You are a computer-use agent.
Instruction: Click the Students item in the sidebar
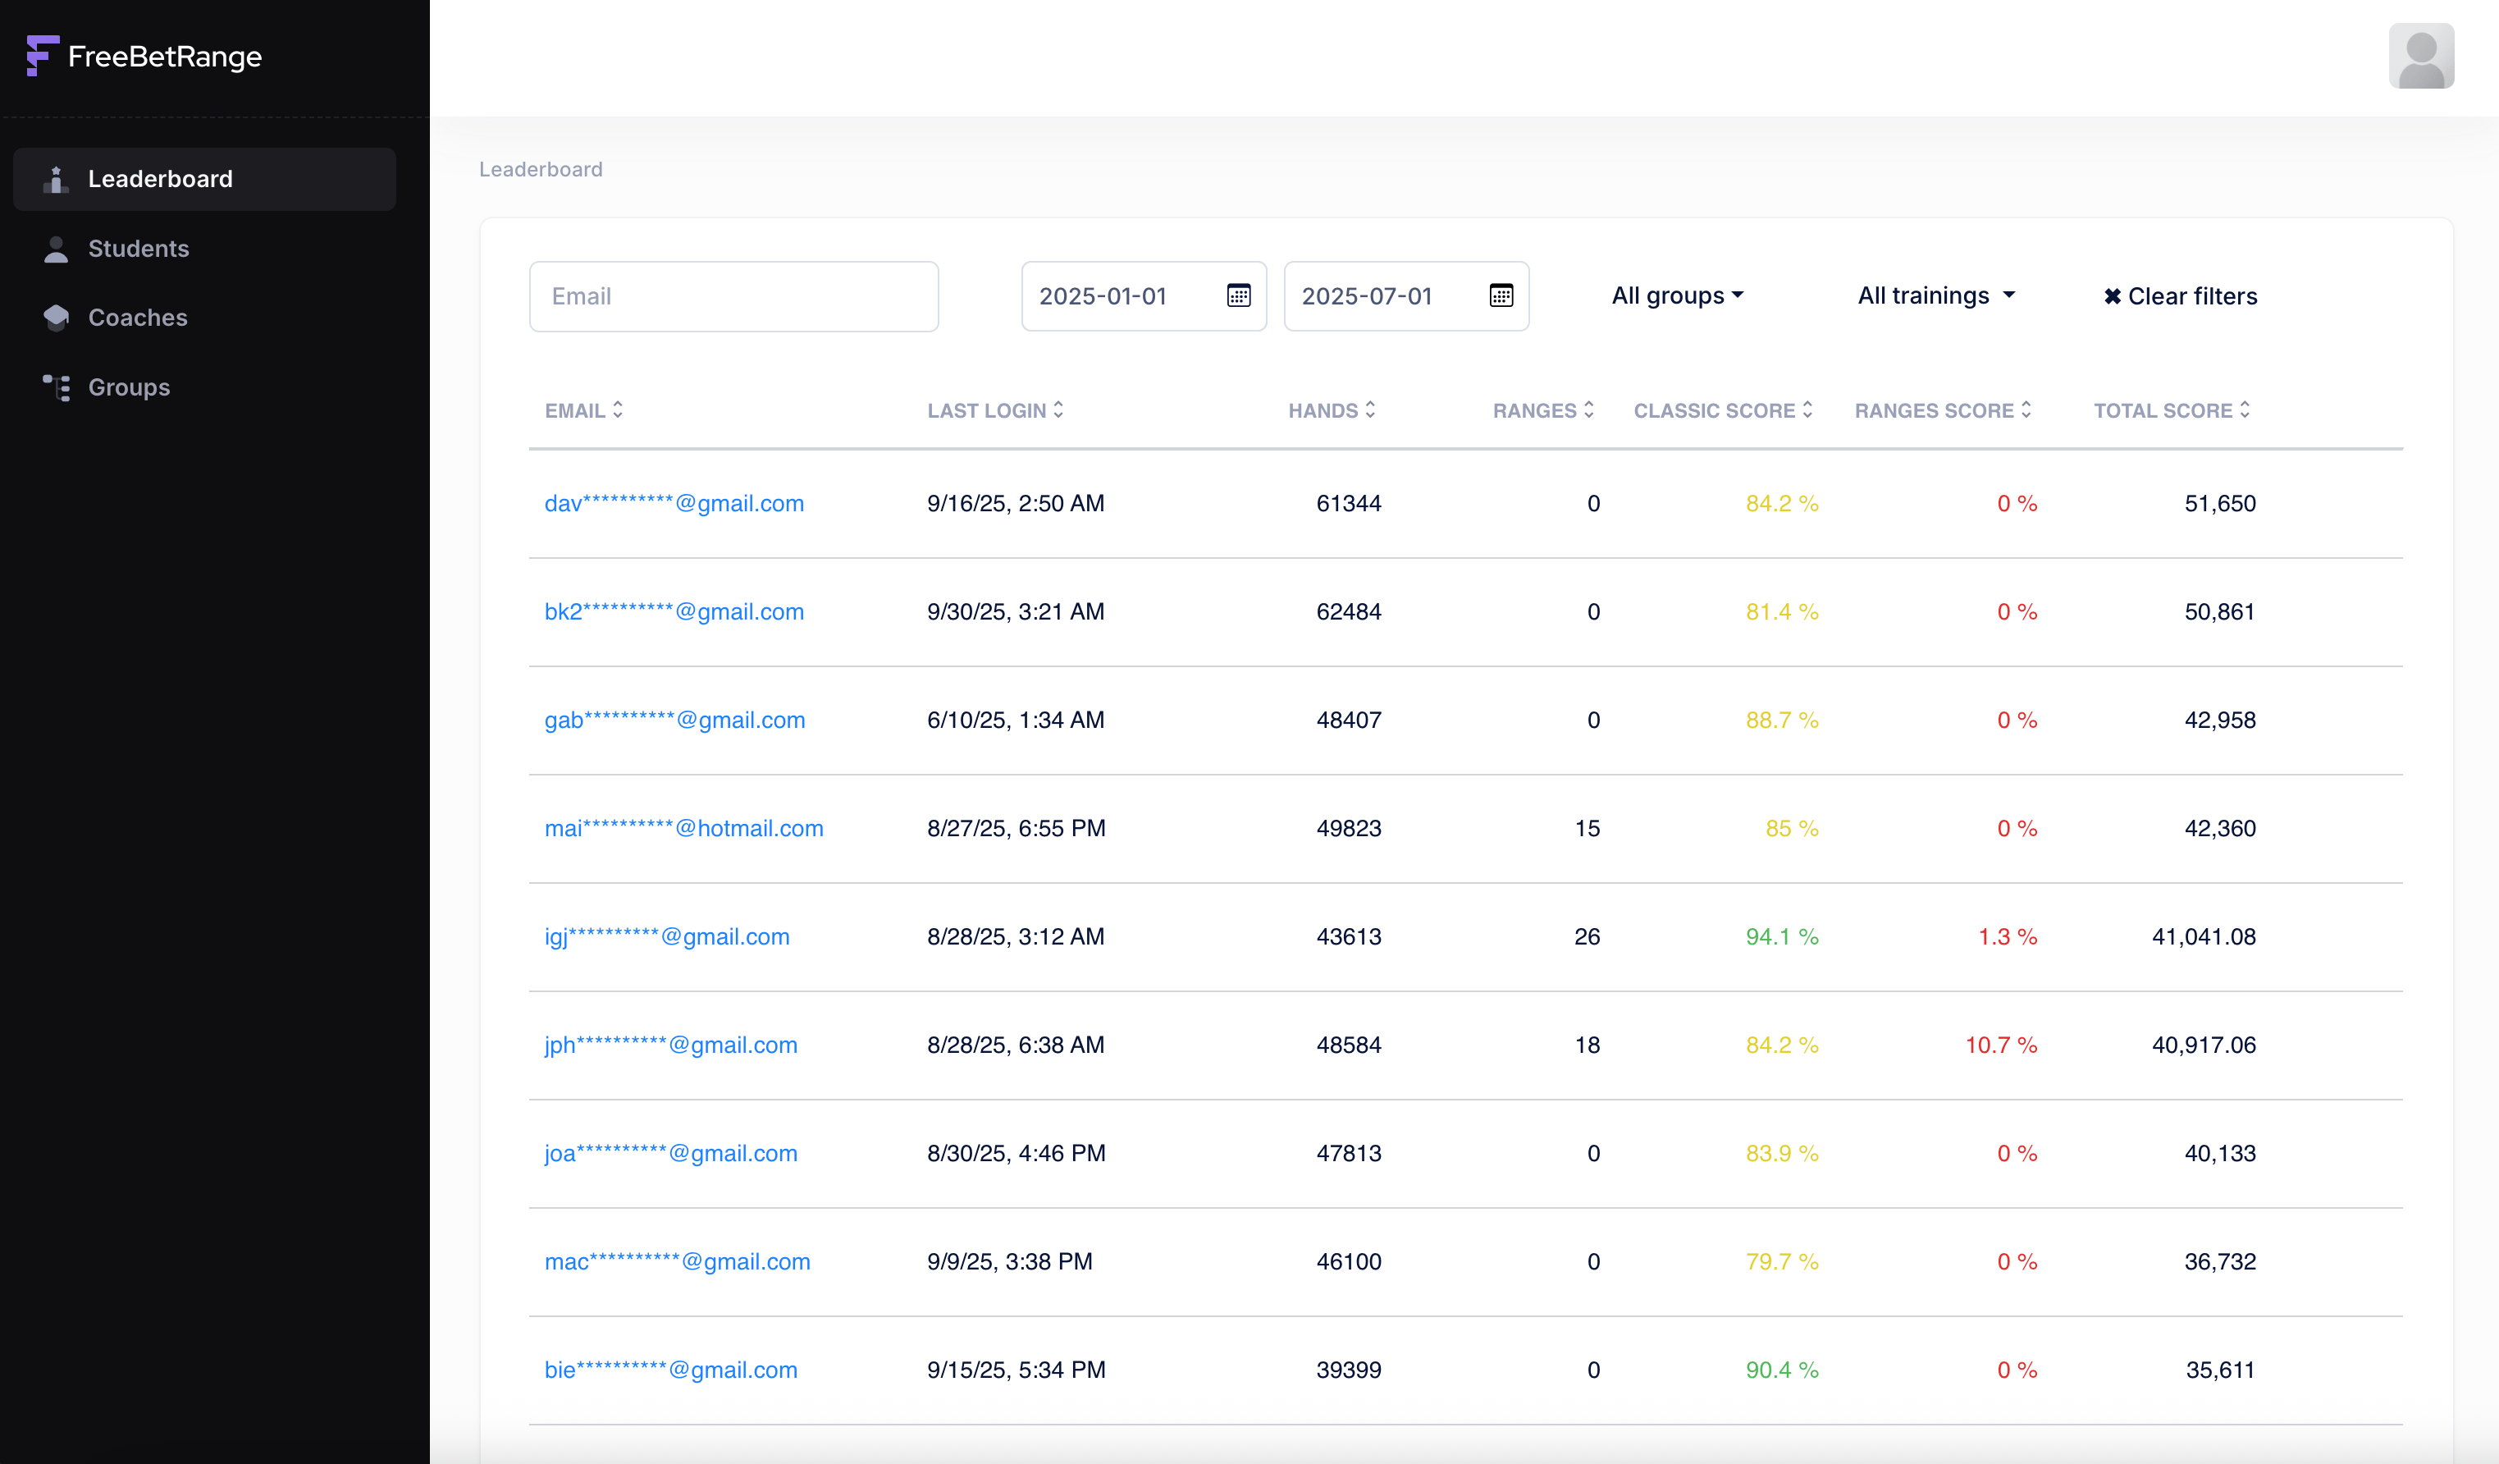[x=138, y=249]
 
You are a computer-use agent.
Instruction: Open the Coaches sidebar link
[x=137, y=318]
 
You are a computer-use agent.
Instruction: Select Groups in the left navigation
[x=129, y=387]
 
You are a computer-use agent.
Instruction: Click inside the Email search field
[x=733, y=296]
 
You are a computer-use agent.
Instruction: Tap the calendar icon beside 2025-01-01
[x=1239, y=295]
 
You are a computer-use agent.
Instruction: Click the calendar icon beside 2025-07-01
[x=1501, y=295]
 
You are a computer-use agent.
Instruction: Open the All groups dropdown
[x=1677, y=295]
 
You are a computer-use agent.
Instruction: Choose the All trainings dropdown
[x=1935, y=295]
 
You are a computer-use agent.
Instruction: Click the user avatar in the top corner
[x=2421, y=57]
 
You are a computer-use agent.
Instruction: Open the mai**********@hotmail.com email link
[x=683, y=828]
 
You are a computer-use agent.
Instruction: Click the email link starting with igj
[x=666, y=936]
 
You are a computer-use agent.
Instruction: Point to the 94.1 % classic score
[x=1781, y=936]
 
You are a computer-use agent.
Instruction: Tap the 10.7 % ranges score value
[x=2000, y=1045]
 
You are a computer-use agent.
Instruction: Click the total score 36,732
[x=2219, y=1261]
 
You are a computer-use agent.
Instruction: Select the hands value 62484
[x=1348, y=612]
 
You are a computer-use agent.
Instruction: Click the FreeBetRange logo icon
[x=42, y=56]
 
